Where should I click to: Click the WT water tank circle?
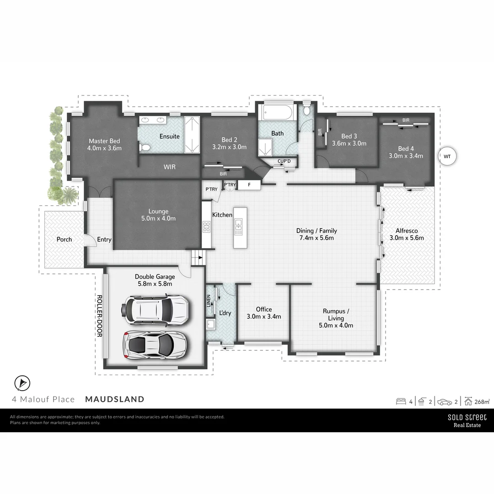(447, 156)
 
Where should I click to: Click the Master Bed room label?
(104, 145)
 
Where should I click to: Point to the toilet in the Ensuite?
(145, 147)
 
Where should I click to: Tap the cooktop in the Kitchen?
(206, 226)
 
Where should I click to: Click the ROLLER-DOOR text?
(99, 316)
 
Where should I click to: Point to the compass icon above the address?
(21, 383)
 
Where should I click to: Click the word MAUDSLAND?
(115, 399)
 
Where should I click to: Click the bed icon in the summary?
(401, 402)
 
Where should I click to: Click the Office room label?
(264, 313)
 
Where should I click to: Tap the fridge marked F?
(249, 185)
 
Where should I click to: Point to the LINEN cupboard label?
(209, 301)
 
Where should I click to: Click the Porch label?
(64, 239)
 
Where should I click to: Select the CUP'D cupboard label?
(285, 161)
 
